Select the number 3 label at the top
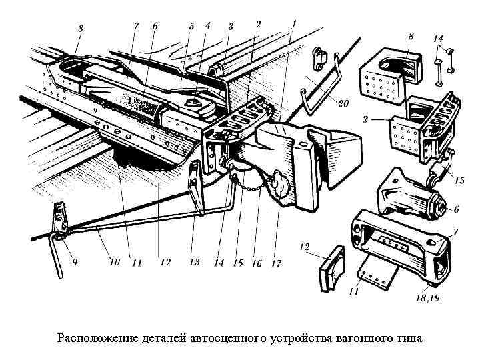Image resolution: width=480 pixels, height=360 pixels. pyautogui.click(x=231, y=26)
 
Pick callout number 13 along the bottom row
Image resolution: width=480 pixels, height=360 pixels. pyautogui.click(x=194, y=262)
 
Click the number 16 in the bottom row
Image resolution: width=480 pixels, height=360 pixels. pyautogui.click(x=257, y=263)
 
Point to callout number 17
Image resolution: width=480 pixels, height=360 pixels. pyautogui.click(x=277, y=263)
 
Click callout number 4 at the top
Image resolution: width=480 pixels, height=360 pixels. pyautogui.click(x=208, y=25)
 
